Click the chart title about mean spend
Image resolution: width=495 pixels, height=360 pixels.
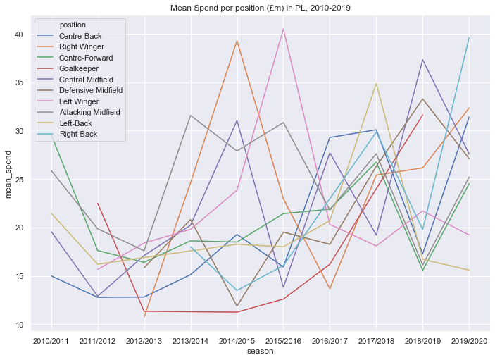coord(261,8)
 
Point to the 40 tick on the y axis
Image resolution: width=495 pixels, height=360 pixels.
coord(19,35)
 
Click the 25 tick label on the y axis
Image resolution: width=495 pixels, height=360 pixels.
coord(19,180)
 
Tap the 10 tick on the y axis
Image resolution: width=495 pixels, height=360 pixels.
coord(19,325)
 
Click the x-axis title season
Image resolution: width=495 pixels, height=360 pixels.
coord(261,350)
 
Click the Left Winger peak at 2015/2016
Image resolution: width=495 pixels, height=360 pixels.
coord(283,29)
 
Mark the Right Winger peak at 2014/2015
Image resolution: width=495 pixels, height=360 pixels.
coord(237,40)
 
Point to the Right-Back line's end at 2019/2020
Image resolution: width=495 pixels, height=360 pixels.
coord(469,38)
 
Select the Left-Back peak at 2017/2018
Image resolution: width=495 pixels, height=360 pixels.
coord(376,84)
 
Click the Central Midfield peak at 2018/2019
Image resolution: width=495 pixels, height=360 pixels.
coord(422,60)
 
